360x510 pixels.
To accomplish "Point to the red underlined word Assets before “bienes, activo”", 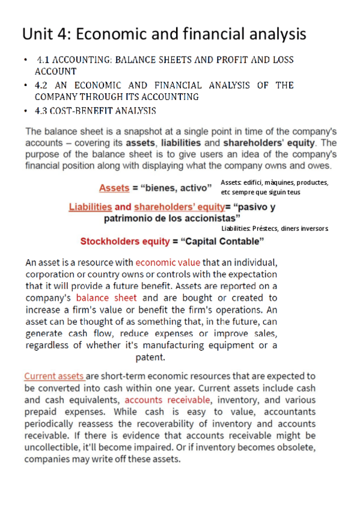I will pos(114,188).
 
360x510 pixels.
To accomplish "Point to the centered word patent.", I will pos(151,357).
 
